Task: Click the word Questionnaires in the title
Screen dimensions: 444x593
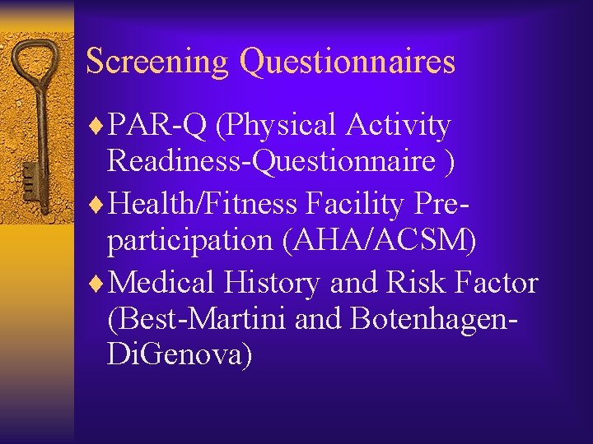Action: (347, 62)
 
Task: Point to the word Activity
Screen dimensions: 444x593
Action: (399, 126)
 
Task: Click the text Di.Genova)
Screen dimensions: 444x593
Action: (180, 355)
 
